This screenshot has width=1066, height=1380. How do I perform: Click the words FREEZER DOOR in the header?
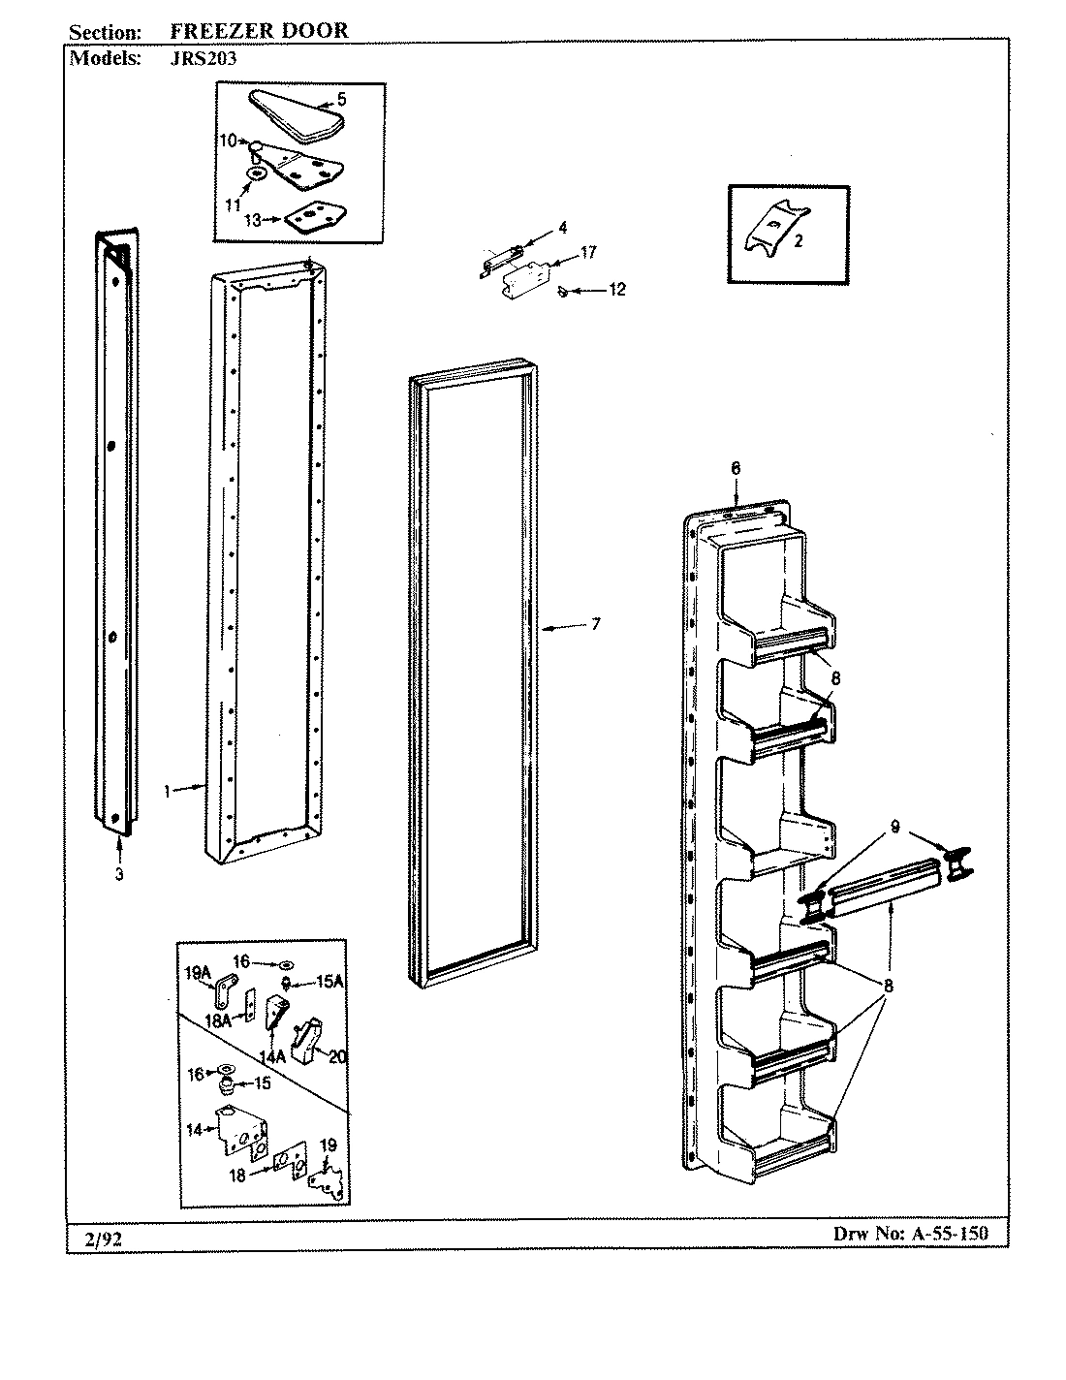[x=259, y=31]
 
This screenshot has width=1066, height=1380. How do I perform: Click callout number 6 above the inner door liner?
[x=735, y=468]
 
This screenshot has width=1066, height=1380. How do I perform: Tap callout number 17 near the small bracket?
[x=588, y=252]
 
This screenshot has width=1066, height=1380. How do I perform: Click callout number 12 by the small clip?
[x=617, y=289]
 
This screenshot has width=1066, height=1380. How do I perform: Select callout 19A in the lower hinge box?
[x=197, y=968]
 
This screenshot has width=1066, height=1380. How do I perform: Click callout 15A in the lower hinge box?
[x=330, y=982]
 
